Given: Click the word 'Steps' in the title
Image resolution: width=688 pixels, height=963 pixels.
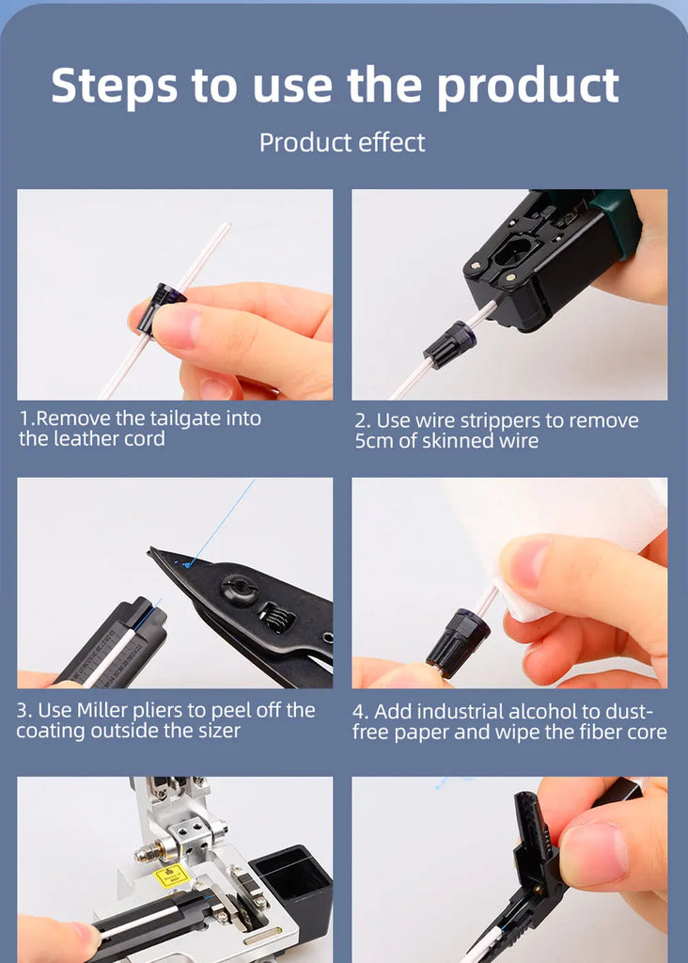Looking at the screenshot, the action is click(x=114, y=86).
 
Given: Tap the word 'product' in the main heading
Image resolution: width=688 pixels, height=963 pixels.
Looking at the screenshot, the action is click(x=528, y=86).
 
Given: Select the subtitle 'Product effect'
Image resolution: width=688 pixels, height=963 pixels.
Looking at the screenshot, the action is click(x=342, y=143).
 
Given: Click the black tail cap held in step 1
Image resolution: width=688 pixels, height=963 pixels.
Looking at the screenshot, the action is click(x=162, y=308).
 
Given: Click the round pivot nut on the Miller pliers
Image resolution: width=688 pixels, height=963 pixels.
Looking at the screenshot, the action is click(x=239, y=591).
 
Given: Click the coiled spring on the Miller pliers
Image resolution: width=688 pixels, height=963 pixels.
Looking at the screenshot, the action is click(x=276, y=617).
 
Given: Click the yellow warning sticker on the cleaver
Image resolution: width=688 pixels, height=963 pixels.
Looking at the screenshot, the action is click(x=171, y=876).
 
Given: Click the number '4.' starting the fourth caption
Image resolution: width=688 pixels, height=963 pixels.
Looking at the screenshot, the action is click(x=360, y=712).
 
